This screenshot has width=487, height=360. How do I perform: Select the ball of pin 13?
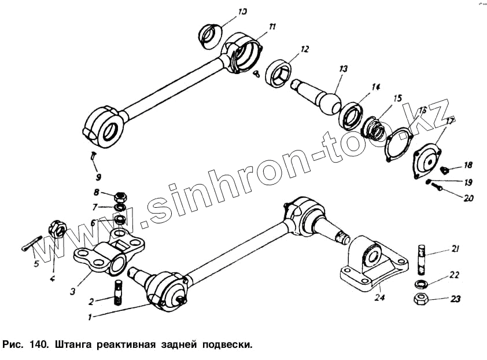(331, 104)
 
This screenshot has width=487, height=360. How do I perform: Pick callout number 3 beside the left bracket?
(73, 291)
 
